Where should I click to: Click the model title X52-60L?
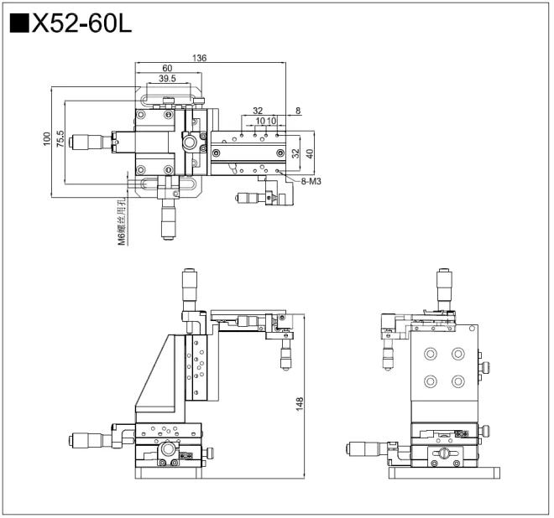pos(81,24)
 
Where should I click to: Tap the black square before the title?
pos(18,24)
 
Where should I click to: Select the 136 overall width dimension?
pos(199,59)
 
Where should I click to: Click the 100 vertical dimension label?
pos(47,138)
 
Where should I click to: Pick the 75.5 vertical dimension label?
pos(60,138)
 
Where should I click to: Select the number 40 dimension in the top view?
pos(310,153)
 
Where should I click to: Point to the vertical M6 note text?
pos(122,221)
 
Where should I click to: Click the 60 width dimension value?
pos(167,69)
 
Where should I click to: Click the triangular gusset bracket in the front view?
pos(157,377)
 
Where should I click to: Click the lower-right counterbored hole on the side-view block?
pos(457,381)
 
